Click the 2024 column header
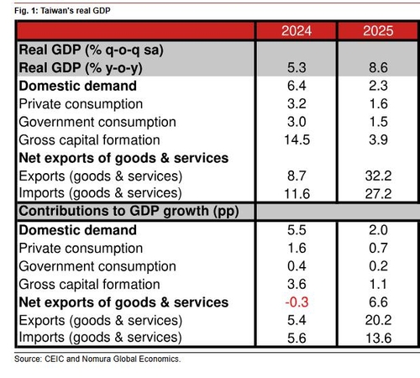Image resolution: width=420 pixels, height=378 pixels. coord(297,31)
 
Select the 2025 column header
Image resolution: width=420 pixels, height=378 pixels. coord(378,31)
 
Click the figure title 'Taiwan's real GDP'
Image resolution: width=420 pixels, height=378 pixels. coord(76,11)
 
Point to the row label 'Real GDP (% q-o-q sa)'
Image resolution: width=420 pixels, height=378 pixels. coord(91,50)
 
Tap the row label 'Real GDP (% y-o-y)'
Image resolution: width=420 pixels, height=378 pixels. coord(81,68)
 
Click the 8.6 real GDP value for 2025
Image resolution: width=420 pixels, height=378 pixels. coord(378,68)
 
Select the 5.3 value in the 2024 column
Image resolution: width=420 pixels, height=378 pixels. coord(297,68)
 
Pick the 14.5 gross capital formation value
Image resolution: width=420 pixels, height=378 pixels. coord(297,139)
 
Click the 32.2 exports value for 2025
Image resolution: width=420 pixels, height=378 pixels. coord(378,176)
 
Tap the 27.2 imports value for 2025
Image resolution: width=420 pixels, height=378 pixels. coord(378,194)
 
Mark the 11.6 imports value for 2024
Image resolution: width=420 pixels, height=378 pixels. coord(297,194)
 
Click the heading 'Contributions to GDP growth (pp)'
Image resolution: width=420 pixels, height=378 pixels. coord(129,211)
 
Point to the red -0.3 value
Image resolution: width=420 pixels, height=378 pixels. coord(297,302)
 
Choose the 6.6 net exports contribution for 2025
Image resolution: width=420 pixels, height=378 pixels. coord(378,302)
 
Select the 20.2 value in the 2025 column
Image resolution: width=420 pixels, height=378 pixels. coord(378,320)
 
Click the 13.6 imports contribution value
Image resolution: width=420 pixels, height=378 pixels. coord(379,338)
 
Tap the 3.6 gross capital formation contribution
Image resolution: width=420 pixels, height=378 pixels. coord(297,284)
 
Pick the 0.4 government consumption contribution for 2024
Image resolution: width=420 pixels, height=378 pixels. coord(297,266)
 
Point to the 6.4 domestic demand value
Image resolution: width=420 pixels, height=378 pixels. coord(297,86)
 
